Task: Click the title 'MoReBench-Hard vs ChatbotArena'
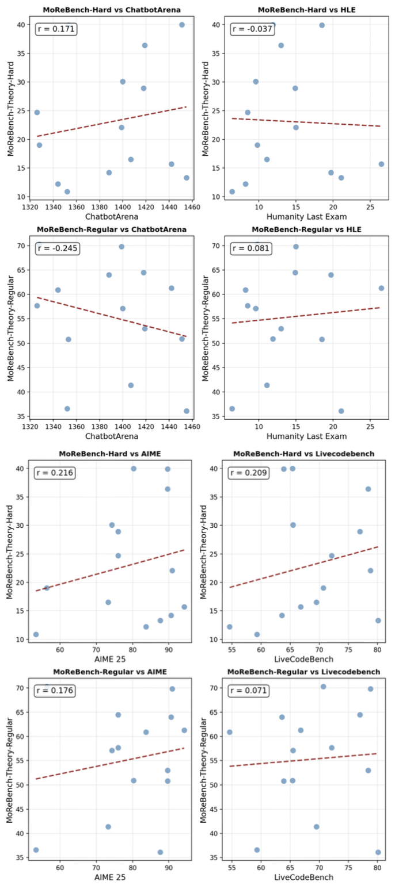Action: pyautogui.click(x=108, y=10)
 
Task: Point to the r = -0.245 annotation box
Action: pyautogui.click(x=58, y=248)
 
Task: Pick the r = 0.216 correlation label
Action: pyautogui.click(x=55, y=473)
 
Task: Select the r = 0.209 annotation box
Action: pyautogui.click(x=250, y=473)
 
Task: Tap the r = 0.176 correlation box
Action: pyautogui.click(x=55, y=691)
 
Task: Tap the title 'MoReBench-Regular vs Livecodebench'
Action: pyautogui.click(x=303, y=671)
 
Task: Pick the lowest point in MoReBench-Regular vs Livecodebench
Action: pyautogui.click(x=378, y=852)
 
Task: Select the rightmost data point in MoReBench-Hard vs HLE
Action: pyautogui.click(x=381, y=164)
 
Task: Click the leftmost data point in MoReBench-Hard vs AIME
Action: pyautogui.click(x=36, y=634)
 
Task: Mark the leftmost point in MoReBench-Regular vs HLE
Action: pyautogui.click(x=232, y=408)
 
